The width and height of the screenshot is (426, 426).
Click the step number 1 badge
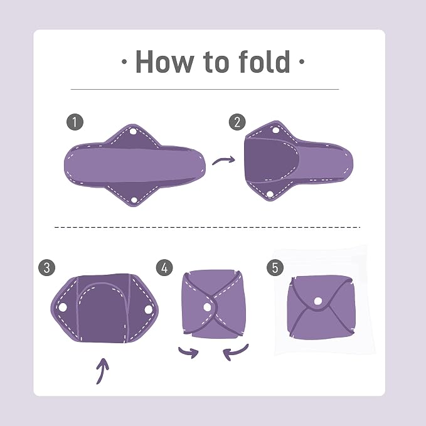pyautogui.click(x=75, y=122)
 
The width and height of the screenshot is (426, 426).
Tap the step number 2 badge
pyautogui.click(x=237, y=122)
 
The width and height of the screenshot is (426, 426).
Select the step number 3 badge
pyautogui.click(x=46, y=268)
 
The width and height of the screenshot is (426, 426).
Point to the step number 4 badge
pyautogui.click(x=164, y=268)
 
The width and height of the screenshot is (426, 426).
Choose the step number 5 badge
pyautogui.click(x=275, y=268)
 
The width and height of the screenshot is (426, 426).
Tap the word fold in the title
pyautogui.click(x=264, y=61)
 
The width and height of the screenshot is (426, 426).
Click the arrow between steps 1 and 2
pyautogui.click(x=223, y=160)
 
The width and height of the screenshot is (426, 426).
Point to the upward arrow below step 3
pyautogui.click(x=102, y=371)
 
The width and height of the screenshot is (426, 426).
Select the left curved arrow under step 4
pyautogui.click(x=189, y=352)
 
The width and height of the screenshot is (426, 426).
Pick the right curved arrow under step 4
pyautogui.click(x=235, y=353)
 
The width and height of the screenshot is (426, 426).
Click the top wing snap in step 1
pyautogui.click(x=133, y=132)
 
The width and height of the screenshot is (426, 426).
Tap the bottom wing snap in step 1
pyautogui.click(x=134, y=200)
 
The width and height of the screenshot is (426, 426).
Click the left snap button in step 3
pyautogui.click(x=63, y=307)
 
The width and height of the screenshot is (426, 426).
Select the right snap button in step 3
pyautogui.click(x=149, y=309)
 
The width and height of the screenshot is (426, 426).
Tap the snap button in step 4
pyautogui.click(x=207, y=307)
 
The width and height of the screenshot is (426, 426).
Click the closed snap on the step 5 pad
pyautogui.click(x=318, y=301)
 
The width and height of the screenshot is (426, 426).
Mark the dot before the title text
pyautogui.click(x=124, y=61)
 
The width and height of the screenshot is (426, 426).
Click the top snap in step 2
pyautogui.click(x=275, y=130)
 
